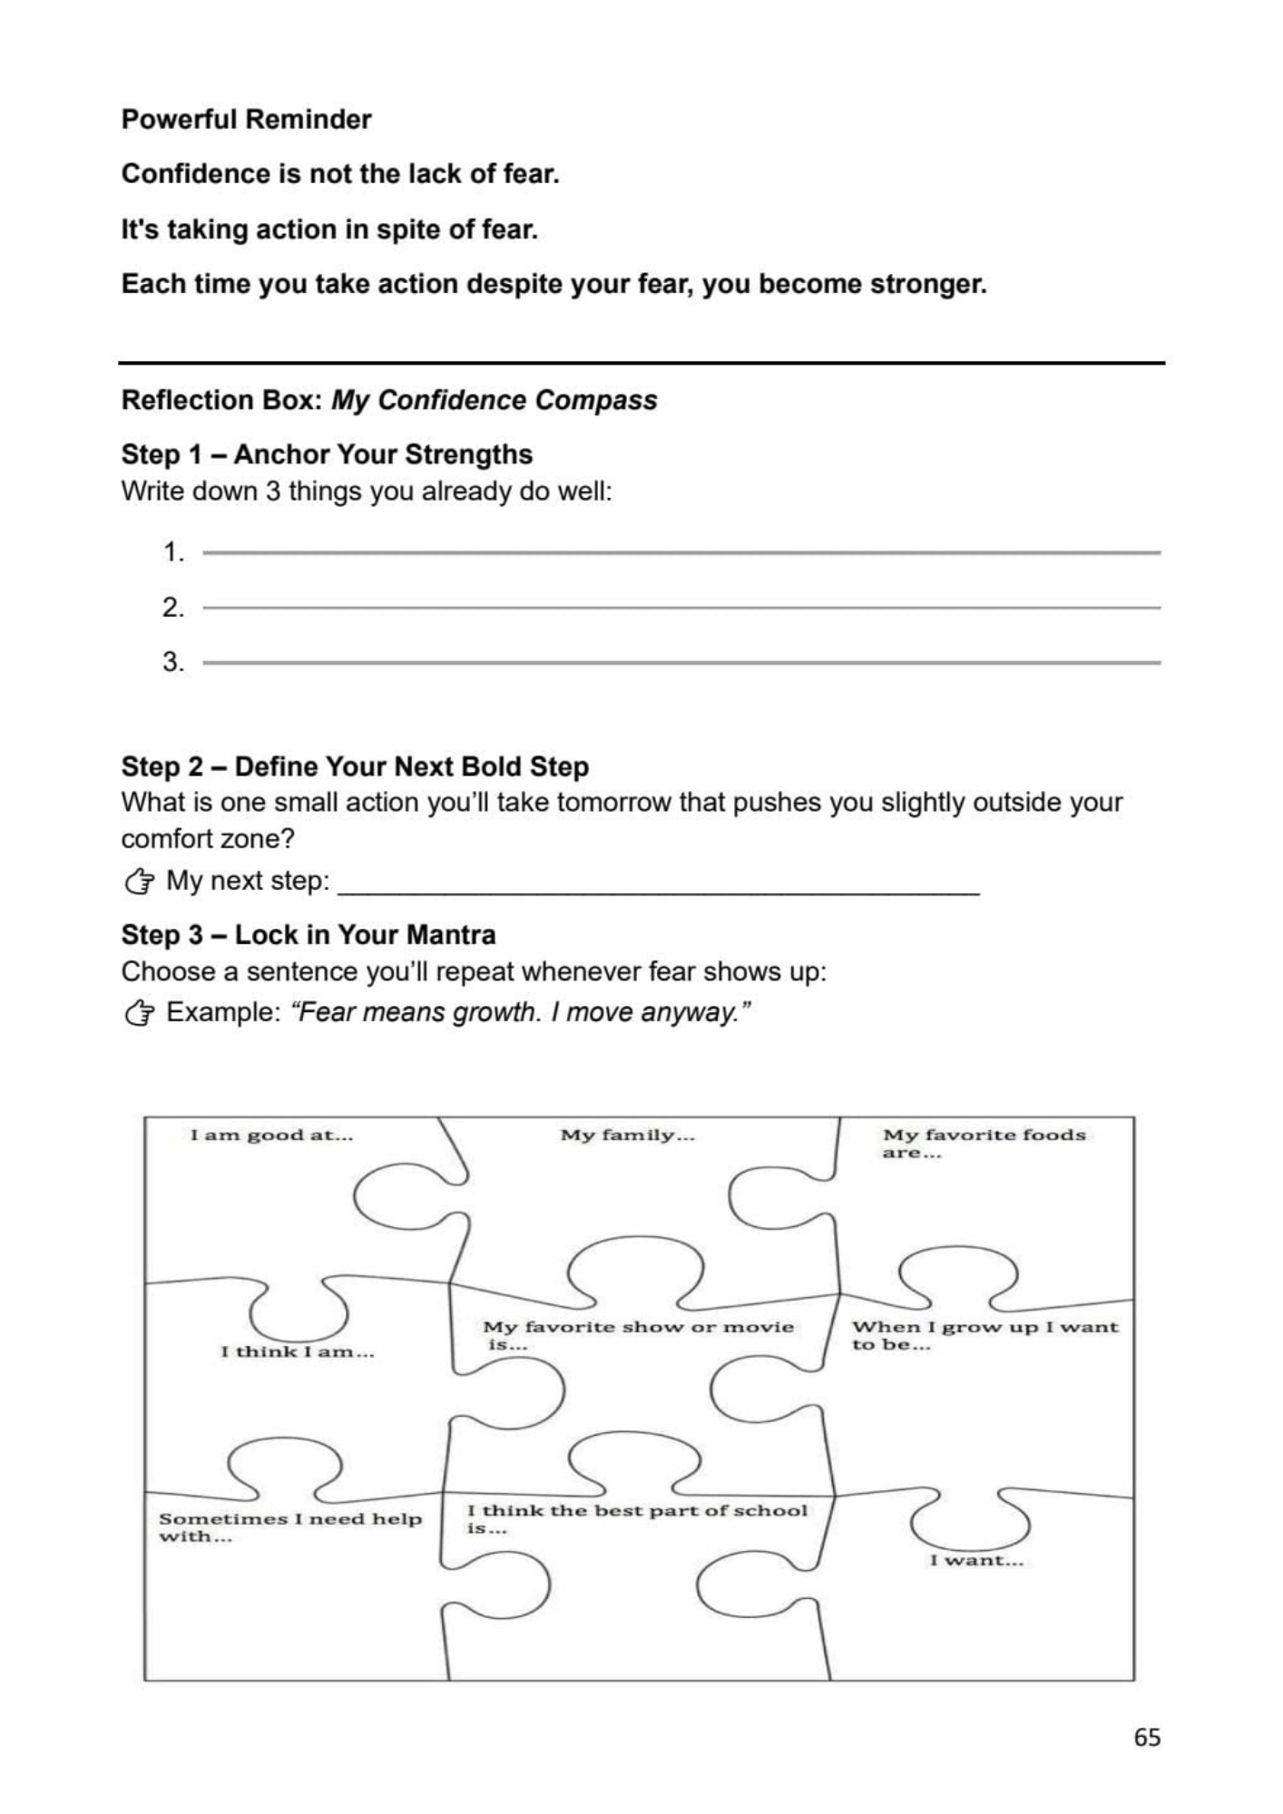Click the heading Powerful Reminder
click(246, 120)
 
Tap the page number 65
click(1147, 1737)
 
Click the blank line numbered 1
click(681, 551)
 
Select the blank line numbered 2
click(681, 607)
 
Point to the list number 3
click(172, 662)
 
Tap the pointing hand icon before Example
click(139, 1012)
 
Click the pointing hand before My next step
click(139, 881)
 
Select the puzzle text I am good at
click(271, 1135)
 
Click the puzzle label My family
click(627, 1135)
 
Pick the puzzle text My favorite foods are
click(984, 1143)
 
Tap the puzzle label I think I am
click(298, 1351)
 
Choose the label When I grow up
click(984, 1334)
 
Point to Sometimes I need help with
click(290, 1526)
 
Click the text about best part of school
click(637, 1518)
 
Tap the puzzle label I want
click(976, 1560)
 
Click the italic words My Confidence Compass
click(494, 400)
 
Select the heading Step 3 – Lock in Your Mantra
click(309, 935)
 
